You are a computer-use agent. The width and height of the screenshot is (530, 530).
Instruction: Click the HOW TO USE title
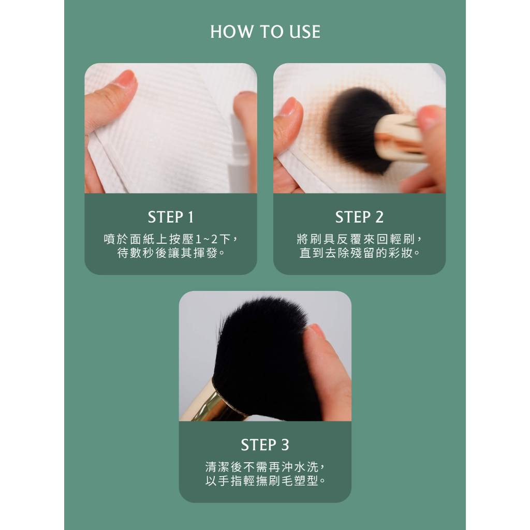pos(266,32)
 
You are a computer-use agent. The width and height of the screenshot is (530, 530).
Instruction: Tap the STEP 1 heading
pos(171,217)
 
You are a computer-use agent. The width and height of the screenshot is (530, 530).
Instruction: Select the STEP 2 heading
pos(359,217)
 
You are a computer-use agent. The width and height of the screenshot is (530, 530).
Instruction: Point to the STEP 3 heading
pos(265,445)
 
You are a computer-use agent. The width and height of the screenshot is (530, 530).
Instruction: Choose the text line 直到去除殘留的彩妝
pos(359,253)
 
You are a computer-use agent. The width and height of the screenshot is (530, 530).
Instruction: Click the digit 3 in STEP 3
pos(285,445)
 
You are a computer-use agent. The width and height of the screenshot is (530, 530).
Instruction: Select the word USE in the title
pos(305,32)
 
